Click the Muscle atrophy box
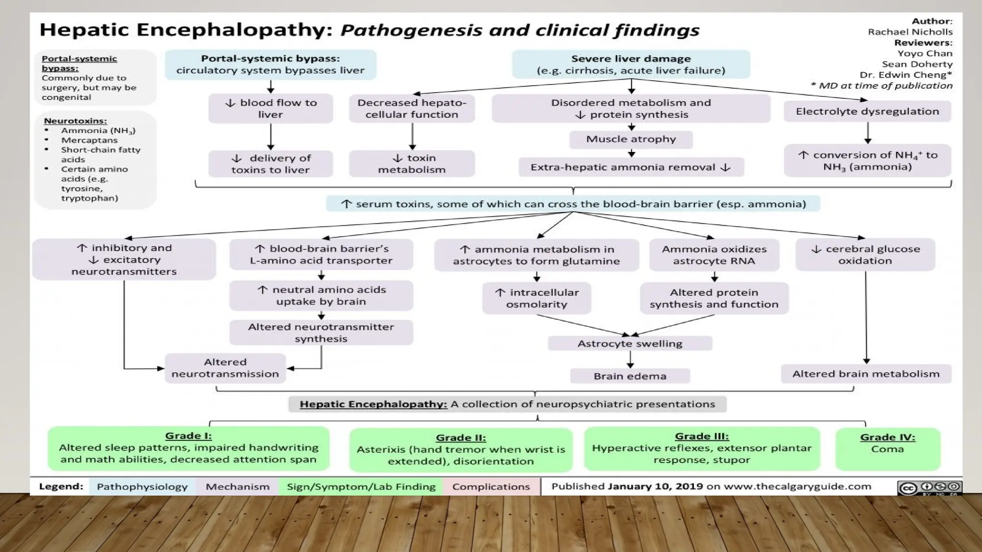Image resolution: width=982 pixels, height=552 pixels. pyautogui.click(x=631, y=139)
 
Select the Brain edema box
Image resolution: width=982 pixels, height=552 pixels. pyautogui.click(x=630, y=376)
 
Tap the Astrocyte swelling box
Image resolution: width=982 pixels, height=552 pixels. pyautogui.click(x=630, y=344)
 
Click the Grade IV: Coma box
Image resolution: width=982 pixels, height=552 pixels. pyautogui.click(x=888, y=448)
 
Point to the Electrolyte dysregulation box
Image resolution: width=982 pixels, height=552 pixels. pyautogui.click(x=867, y=112)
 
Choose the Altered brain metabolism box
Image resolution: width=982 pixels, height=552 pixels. pyautogui.click(x=865, y=374)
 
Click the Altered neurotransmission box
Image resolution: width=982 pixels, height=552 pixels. pyautogui.click(x=225, y=368)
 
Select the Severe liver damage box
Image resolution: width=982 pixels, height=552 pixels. pyautogui.click(x=631, y=65)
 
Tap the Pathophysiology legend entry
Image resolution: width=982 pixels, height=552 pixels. pyautogui.click(x=142, y=487)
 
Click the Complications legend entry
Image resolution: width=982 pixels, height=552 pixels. pyautogui.click(x=491, y=487)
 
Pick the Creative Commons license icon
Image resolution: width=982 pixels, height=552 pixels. pyautogui.click(x=929, y=488)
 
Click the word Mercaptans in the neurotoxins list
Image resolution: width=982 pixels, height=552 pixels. pyautogui.click(x=89, y=140)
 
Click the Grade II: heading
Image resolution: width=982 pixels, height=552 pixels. pyautogui.click(x=460, y=437)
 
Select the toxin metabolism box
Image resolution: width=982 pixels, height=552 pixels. pyautogui.click(x=411, y=164)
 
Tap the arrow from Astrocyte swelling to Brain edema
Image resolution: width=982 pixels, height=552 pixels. pyautogui.click(x=630, y=359)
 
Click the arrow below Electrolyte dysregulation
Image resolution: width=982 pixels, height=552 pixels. pyautogui.click(x=867, y=133)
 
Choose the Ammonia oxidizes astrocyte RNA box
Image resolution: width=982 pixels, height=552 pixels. pyautogui.click(x=714, y=255)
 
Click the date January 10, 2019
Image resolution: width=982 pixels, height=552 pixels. pyautogui.click(x=655, y=486)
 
